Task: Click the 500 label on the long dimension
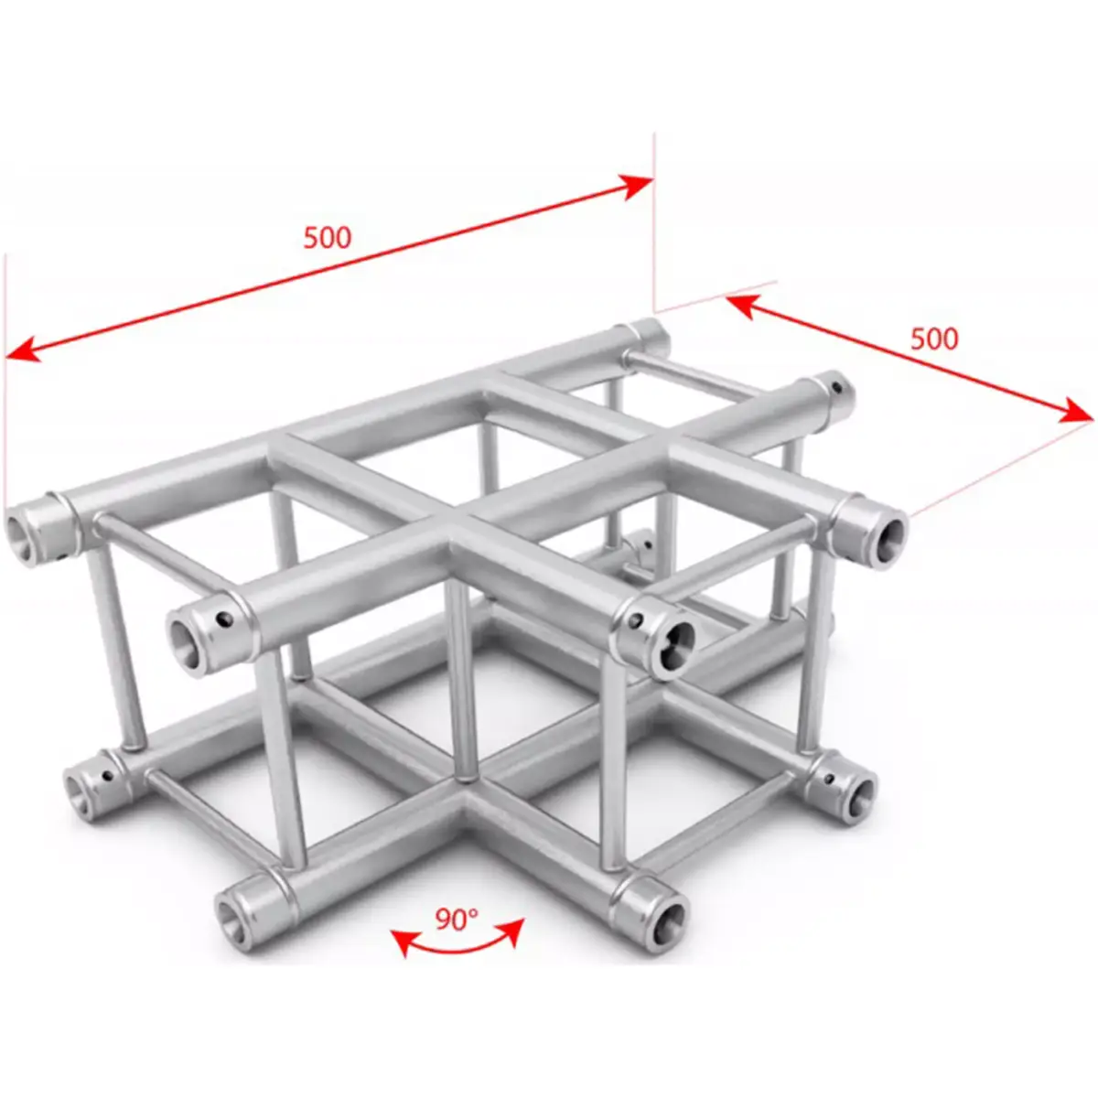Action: click(327, 238)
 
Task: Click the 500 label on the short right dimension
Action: click(934, 339)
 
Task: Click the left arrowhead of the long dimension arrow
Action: click(20, 350)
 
